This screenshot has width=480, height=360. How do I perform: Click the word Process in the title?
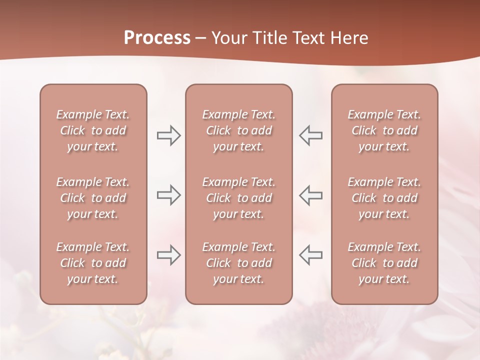pyautogui.click(x=157, y=38)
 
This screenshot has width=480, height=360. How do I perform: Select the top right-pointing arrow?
pyautogui.click(x=168, y=135)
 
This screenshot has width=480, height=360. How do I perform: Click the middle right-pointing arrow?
pyautogui.click(x=168, y=195)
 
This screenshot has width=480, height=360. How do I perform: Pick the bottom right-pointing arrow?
pyautogui.click(x=168, y=255)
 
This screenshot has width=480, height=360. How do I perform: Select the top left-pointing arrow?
pyautogui.click(x=310, y=135)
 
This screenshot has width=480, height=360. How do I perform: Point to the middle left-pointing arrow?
pyautogui.click(x=310, y=195)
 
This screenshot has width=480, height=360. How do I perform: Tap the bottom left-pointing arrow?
pyautogui.click(x=310, y=255)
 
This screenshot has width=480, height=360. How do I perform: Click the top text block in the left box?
pyautogui.click(x=93, y=130)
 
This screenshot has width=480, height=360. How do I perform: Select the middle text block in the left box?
pyautogui.click(x=93, y=198)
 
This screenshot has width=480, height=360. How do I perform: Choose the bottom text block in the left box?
pyautogui.click(x=93, y=263)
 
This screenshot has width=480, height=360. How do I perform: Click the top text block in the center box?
pyautogui.click(x=238, y=130)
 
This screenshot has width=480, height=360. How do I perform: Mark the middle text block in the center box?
pyautogui.click(x=238, y=198)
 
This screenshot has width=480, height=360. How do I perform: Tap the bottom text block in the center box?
pyautogui.click(x=238, y=263)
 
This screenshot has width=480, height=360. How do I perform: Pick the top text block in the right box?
pyautogui.click(x=384, y=130)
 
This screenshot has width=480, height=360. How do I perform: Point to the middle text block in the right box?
pyautogui.click(x=384, y=198)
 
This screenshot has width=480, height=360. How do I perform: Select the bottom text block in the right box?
pyautogui.click(x=384, y=263)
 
